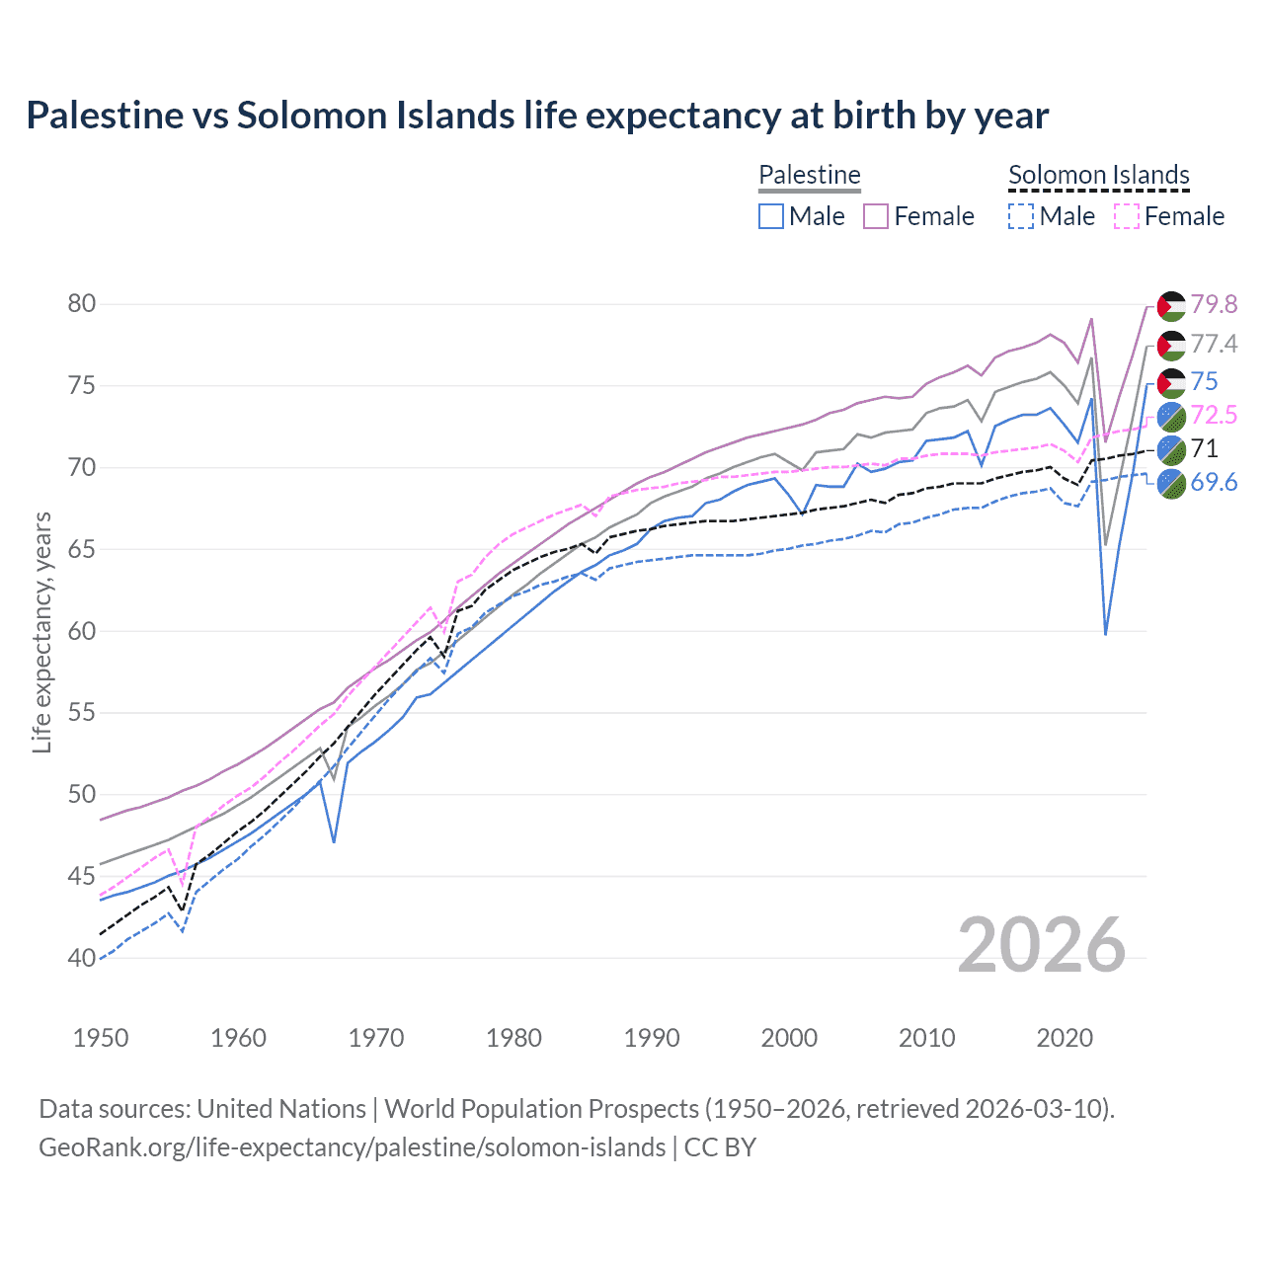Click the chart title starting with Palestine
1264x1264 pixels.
pyautogui.click(x=537, y=116)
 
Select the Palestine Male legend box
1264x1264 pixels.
pyautogui.click(x=771, y=216)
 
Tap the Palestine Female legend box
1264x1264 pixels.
pyautogui.click(x=876, y=216)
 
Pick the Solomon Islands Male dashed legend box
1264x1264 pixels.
pyautogui.click(x=1021, y=216)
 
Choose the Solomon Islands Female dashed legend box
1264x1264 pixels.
pyautogui.click(x=1126, y=216)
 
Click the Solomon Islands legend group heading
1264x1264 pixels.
pyautogui.click(x=1098, y=175)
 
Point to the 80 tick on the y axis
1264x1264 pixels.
pyautogui.click(x=82, y=303)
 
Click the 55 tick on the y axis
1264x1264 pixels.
pyautogui.click(x=82, y=713)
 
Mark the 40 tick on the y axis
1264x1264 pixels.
pyautogui.click(x=82, y=958)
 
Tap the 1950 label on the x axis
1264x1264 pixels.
pyautogui.click(x=101, y=1038)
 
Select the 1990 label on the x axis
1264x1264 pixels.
pyautogui.click(x=652, y=1038)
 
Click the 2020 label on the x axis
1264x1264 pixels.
pyautogui.click(x=1065, y=1038)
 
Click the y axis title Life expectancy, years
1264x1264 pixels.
pyautogui.click(x=41, y=632)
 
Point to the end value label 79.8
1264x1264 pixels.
pyautogui.click(x=1214, y=305)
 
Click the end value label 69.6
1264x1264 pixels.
pyautogui.click(x=1214, y=482)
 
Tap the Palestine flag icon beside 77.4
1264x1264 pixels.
pyautogui.click(x=1171, y=345)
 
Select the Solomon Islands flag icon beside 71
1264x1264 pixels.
pyautogui.click(x=1171, y=449)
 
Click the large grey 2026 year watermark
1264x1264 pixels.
pyautogui.click(x=1042, y=945)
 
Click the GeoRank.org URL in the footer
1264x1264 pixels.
pyautogui.click(x=352, y=1147)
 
